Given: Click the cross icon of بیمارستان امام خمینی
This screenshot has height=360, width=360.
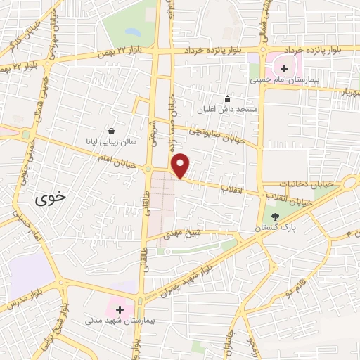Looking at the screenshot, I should pos(284,68).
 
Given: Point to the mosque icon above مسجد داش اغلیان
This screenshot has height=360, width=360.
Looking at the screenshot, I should pos(226,99).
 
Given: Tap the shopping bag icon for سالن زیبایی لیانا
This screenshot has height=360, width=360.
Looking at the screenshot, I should pos(112,130).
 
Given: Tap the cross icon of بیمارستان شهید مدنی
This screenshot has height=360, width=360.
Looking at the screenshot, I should pos(120,309).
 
